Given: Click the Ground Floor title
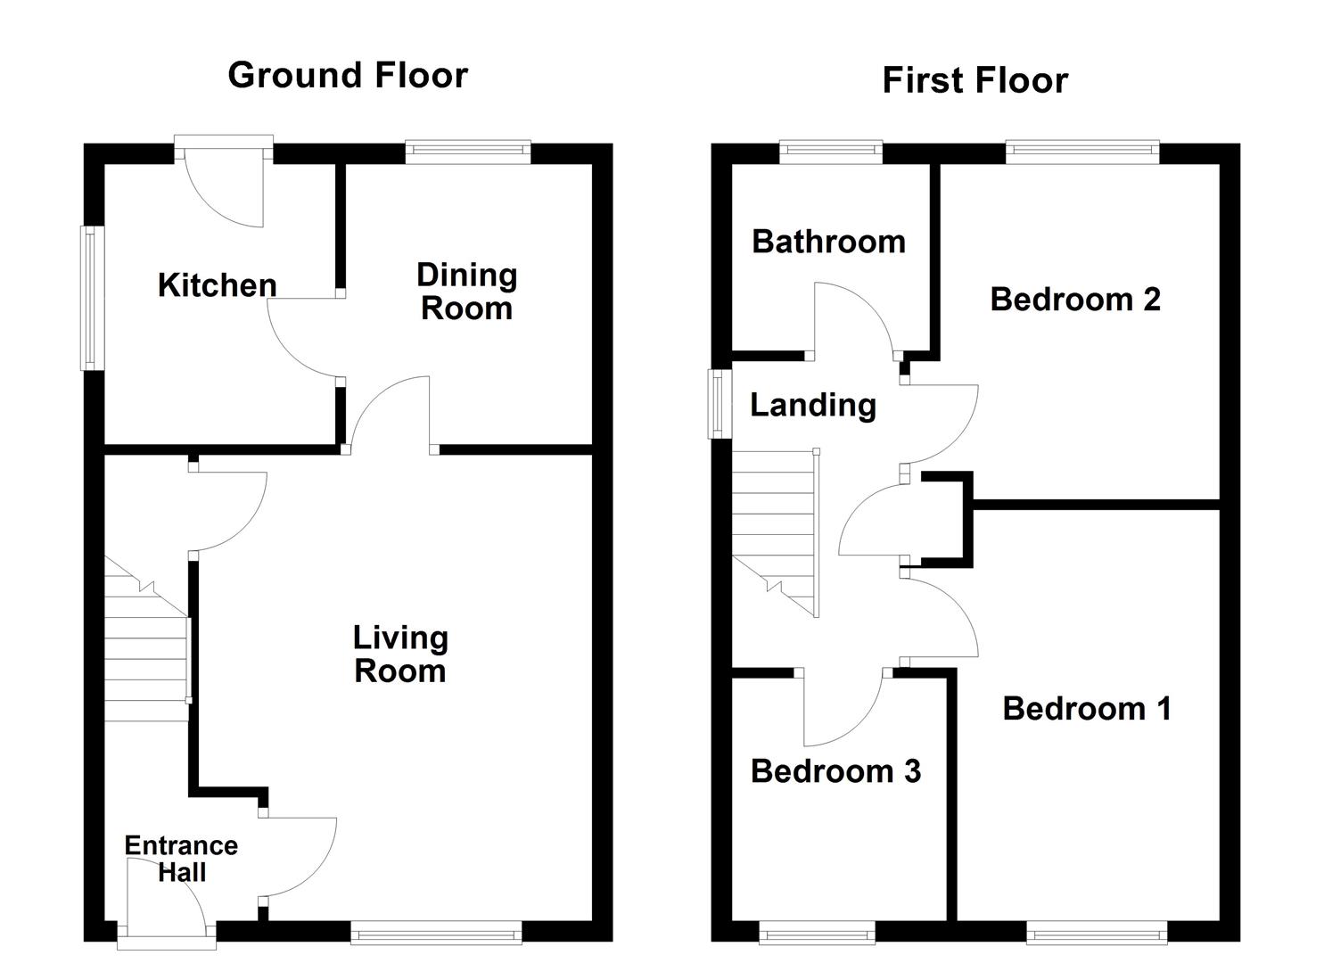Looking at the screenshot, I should pos(348,75).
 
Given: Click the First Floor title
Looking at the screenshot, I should pos(974,80).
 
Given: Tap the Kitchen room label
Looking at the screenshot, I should pos(217,285).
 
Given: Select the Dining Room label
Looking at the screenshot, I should pos(466,292).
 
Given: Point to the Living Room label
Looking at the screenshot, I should pos(400,654).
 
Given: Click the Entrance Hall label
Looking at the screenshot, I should pos(181,859).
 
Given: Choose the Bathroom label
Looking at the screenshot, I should pos(828,242).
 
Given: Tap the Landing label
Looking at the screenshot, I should pos(812,405).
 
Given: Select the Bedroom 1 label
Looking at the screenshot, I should pos(1086,709).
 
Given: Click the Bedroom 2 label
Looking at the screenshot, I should pos(1075,299).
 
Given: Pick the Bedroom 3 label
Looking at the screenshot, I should pos(835,771).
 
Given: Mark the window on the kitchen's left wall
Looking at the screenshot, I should pos(90,298).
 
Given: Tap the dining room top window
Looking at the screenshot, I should pos(468,152).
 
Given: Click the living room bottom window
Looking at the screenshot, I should pos(436,934).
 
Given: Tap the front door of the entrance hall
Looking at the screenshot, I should pos(167,934).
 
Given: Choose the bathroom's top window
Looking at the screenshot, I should pos(831,152).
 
